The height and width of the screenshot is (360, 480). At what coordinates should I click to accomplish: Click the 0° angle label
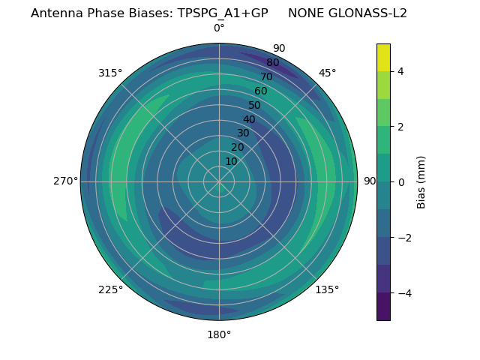coord(219,28)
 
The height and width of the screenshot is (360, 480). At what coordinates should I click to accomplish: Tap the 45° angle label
coord(327,73)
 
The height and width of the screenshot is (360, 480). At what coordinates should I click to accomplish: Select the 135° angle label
coord(327,289)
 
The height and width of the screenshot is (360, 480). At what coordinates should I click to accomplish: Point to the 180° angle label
coord(219,334)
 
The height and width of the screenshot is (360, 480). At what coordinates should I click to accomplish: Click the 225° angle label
coord(110,289)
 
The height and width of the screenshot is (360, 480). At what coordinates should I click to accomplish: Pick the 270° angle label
coord(65,181)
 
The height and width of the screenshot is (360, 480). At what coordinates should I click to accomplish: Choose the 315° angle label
coord(110,73)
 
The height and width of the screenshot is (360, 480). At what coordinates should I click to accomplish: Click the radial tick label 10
coord(232,161)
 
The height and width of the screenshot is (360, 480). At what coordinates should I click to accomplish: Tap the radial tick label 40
coord(249,119)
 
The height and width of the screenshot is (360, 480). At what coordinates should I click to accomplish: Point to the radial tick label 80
coord(272,63)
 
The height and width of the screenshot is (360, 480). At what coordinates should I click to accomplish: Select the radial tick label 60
coord(261,91)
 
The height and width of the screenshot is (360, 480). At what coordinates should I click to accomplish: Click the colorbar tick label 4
coord(401,71)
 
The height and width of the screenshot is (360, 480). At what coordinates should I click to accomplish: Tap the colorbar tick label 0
coord(401,182)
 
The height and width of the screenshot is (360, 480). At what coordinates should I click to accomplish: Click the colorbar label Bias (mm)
coord(421,182)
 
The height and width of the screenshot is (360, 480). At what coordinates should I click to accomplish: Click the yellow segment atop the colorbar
coord(383,57)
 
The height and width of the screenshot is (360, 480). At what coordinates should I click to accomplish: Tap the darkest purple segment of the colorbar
coord(383,307)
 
